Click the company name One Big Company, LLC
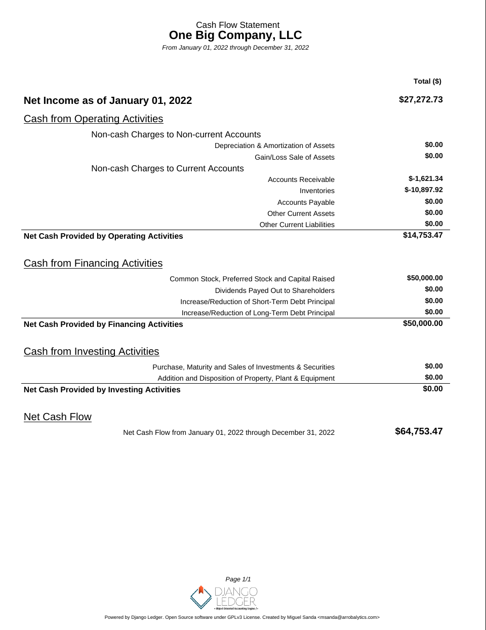(x=235, y=35)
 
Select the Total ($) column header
(x=427, y=81)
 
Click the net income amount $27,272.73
(x=421, y=100)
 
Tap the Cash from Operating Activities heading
(x=93, y=119)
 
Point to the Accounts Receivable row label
(x=301, y=179)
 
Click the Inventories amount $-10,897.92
(x=423, y=190)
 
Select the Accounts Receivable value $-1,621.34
(x=425, y=179)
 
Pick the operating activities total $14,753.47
(x=423, y=235)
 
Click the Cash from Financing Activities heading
(x=93, y=264)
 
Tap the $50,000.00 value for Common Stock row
(x=425, y=278)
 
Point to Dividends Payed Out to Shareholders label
(x=274, y=290)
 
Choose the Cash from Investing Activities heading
(x=91, y=352)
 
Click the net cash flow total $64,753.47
(x=419, y=431)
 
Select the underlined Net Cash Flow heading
(x=58, y=417)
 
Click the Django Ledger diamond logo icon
(x=201, y=597)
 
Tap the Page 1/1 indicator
(x=238, y=579)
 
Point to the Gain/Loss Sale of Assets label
(x=295, y=157)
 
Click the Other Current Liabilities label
(x=297, y=225)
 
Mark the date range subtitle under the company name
(x=235, y=48)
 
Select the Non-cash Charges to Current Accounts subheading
(x=168, y=169)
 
